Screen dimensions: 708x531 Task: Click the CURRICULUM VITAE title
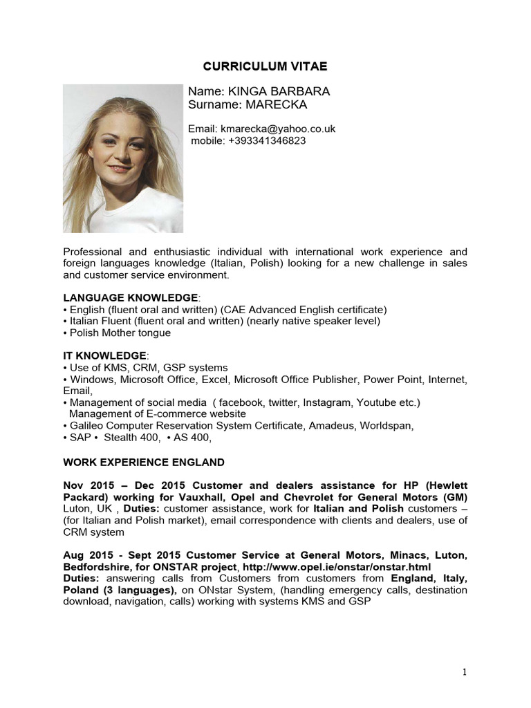tap(265, 66)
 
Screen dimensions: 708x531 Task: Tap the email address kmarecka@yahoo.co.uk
tap(278, 129)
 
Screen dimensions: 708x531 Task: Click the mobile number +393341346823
tap(267, 140)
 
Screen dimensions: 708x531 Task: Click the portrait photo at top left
tap(123, 158)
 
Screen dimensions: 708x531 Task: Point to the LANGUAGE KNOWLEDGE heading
tap(130, 297)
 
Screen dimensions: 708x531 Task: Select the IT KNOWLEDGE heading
tap(104, 355)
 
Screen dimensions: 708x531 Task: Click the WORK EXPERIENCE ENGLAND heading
tap(143, 461)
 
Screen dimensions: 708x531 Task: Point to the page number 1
tap(465, 672)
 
